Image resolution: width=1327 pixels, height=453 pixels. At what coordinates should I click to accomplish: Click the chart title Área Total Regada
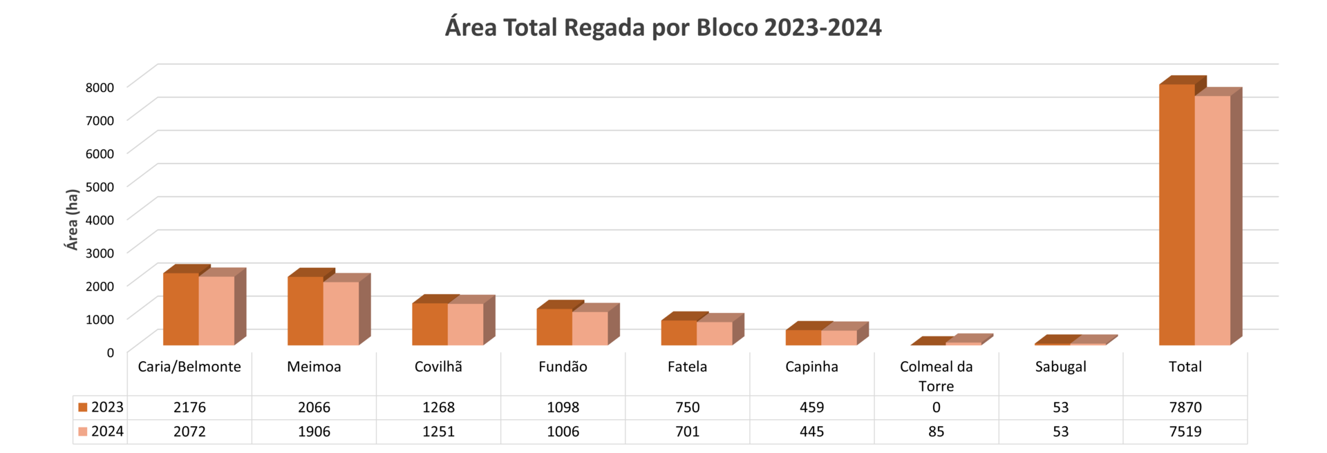pos(663,28)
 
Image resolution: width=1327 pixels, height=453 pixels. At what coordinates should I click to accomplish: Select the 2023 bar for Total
pos(1176,214)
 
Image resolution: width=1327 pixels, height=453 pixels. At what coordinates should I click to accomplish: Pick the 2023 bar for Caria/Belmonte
pos(181,309)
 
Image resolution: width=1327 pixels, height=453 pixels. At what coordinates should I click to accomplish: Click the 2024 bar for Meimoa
pos(341,313)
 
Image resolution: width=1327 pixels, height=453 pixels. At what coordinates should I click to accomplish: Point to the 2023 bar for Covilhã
pos(430,324)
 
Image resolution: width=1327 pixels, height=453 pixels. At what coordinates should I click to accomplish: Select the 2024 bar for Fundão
pos(590,328)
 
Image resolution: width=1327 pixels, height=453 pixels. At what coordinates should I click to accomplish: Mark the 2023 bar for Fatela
pos(679,332)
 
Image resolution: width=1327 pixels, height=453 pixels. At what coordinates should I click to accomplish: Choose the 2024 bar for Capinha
pos(838,337)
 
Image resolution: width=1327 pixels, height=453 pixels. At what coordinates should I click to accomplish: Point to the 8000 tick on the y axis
pos(100,87)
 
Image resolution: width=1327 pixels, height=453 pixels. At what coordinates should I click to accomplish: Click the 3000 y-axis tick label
pos(100,253)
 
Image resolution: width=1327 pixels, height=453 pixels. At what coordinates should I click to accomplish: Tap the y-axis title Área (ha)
pos(72,220)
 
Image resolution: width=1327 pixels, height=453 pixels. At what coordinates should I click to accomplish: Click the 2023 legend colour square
pos(83,407)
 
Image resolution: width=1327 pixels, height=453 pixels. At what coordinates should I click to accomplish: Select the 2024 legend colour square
pos(83,432)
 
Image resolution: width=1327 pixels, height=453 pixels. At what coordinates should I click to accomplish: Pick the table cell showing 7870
pos(1185,407)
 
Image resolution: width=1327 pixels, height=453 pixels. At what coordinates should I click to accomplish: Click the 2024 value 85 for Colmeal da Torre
pos(936,432)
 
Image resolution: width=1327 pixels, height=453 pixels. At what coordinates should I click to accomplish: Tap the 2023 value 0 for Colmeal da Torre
pos(936,407)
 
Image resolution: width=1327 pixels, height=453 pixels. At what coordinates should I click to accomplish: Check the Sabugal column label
pos(1060,367)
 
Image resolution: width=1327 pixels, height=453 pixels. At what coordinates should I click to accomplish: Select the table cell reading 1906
pos(314,432)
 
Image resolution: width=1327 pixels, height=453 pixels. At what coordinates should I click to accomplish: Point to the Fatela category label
pos(687,367)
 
